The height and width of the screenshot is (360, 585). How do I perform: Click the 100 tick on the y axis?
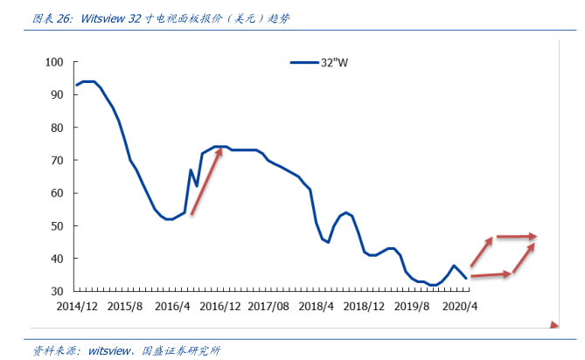[x=55, y=62]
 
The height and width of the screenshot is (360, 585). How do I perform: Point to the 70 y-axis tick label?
[x=57, y=160]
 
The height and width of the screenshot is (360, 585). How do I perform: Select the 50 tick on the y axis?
[x=57, y=225]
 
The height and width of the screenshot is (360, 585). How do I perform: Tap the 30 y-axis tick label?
[x=57, y=291]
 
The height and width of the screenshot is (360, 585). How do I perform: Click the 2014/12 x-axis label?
[x=77, y=307]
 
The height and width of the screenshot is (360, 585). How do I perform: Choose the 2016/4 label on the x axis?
[x=172, y=307]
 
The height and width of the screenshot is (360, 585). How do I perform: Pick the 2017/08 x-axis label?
[x=268, y=307]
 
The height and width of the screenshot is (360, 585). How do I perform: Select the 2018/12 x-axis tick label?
[x=364, y=307]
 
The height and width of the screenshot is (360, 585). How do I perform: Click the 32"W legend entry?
[x=319, y=62]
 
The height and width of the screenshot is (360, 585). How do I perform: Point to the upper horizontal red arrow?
[x=516, y=237]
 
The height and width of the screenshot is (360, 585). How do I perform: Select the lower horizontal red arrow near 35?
[x=490, y=275]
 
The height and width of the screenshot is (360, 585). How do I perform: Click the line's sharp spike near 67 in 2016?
[x=191, y=170]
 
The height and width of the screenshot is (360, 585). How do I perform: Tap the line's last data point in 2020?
[x=465, y=277]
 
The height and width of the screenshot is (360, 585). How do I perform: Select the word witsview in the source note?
[x=106, y=350]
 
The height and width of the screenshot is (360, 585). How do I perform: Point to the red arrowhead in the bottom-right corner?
[x=554, y=326]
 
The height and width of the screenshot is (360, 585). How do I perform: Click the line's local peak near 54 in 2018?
[x=346, y=212]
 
